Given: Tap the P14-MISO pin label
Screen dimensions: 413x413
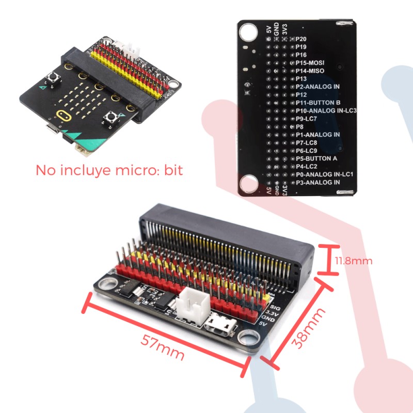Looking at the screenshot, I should [310, 70].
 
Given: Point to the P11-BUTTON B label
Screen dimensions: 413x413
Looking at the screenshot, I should [317, 103].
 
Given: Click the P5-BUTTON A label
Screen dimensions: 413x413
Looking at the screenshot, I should [316, 158].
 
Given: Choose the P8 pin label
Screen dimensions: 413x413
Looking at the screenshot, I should [299, 126].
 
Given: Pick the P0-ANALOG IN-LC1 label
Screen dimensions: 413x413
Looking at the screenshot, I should [324, 174].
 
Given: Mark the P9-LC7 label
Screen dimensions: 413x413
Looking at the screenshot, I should [306, 119].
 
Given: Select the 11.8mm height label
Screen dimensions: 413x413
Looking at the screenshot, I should [354, 261].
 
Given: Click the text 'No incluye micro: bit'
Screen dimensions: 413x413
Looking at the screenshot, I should [109, 170].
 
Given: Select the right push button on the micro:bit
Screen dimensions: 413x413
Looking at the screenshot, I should [110, 118].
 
